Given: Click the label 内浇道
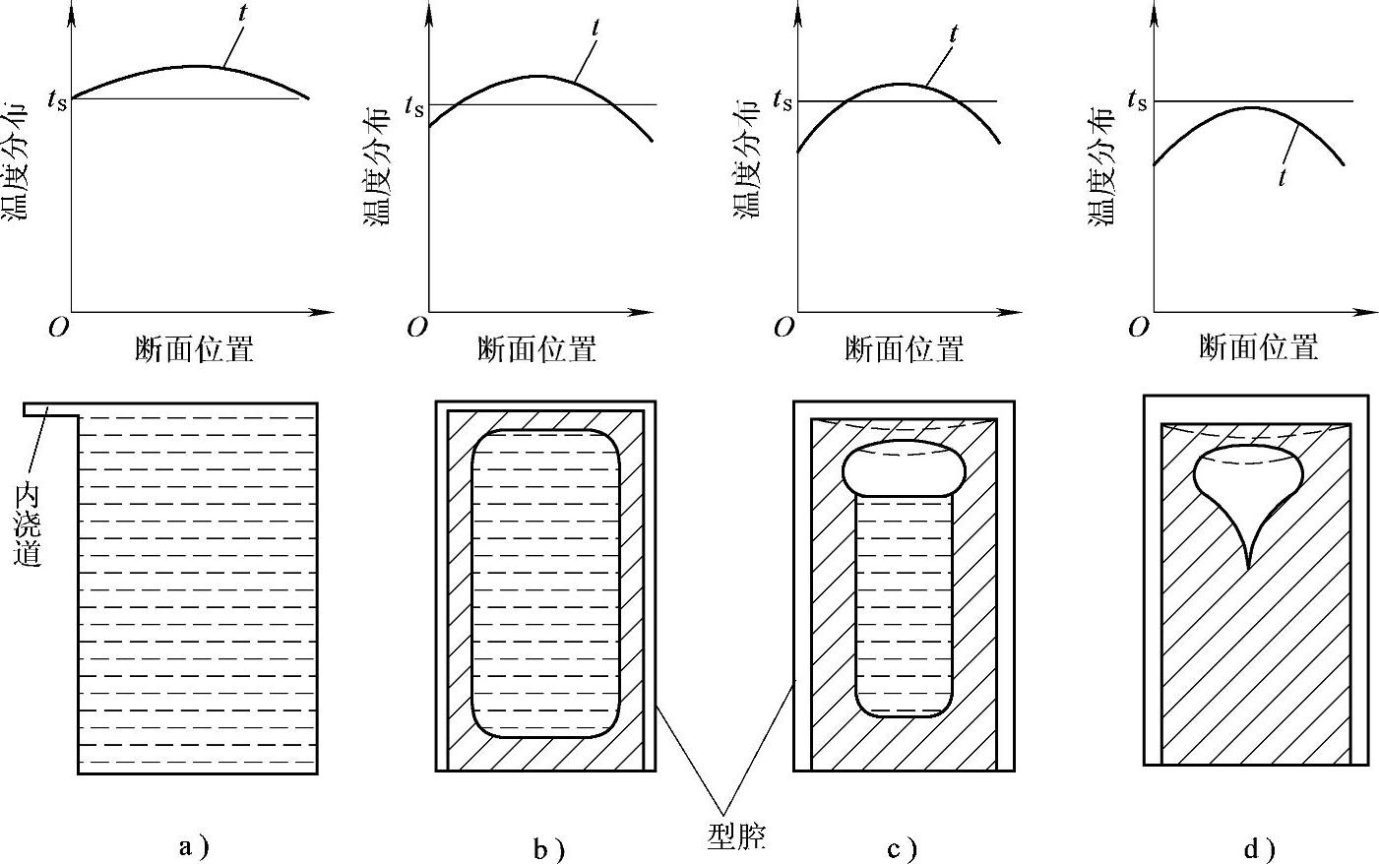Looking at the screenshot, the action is point(30,524).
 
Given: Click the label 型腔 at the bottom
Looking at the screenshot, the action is point(736,835).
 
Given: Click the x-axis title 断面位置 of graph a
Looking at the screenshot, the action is point(194,348).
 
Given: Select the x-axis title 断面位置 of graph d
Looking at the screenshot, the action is point(1258,347).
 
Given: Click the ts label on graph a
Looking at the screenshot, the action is point(56,98).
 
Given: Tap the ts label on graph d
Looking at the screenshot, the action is point(1137,99).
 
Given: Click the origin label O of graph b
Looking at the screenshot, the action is point(416,328).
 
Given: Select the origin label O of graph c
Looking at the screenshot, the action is point(784,328).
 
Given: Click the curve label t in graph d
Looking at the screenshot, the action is point(1282,178).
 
